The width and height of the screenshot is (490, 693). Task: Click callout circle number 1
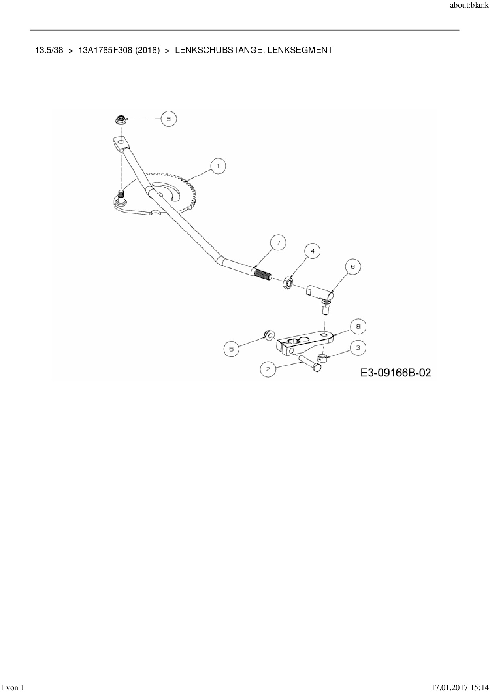pyautogui.click(x=218, y=166)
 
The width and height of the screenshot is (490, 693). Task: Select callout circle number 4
pyautogui.click(x=313, y=251)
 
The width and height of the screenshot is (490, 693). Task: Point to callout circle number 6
pyautogui.click(x=353, y=267)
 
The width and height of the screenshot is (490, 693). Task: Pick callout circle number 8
pyautogui.click(x=358, y=327)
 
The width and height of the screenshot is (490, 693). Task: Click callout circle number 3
pyautogui.click(x=358, y=348)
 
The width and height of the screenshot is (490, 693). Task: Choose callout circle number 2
pyautogui.click(x=268, y=369)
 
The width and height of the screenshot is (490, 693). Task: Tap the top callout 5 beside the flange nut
pyautogui.click(x=169, y=119)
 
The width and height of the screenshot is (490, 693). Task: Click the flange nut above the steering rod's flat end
pyautogui.click(x=120, y=120)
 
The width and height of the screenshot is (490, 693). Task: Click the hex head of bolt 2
pyautogui.click(x=317, y=368)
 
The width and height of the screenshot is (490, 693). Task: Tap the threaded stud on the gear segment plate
pyautogui.click(x=121, y=195)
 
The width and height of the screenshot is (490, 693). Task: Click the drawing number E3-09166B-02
pyautogui.click(x=396, y=373)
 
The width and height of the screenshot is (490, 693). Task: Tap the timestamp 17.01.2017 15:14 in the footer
pyautogui.click(x=460, y=688)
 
